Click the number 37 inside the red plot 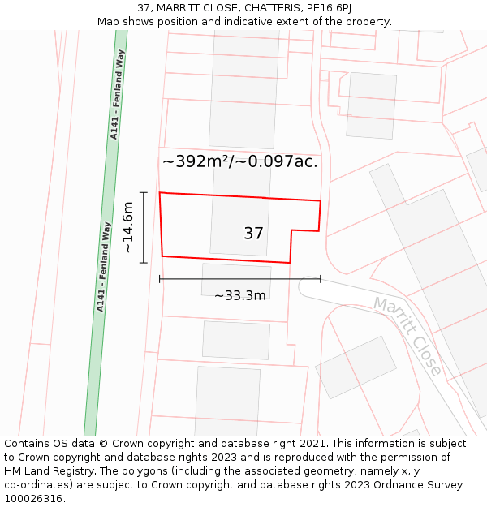pos(253,234)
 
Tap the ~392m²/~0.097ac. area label pos(239,161)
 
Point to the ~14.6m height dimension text pos(127,228)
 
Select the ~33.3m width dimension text pos(239,295)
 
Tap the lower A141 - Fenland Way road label pos(103,267)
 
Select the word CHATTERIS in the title pos(254,7)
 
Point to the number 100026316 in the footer pos(33,499)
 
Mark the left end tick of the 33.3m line pos(160,279)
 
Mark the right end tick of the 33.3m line pos(321,279)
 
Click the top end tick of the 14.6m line pos(144,192)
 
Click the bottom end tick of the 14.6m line pos(144,263)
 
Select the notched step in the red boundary pos(292,231)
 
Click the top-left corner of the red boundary pos(160,193)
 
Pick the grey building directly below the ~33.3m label pos(235,340)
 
